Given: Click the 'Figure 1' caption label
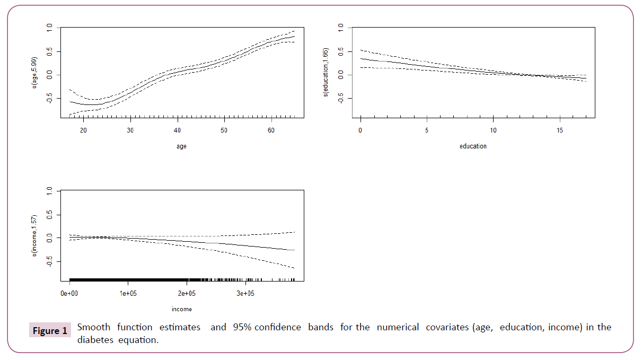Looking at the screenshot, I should click(x=50, y=331).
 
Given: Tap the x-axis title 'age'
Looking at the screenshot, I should click(x=182, y=146).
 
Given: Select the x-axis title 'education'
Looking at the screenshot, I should click(x=473, y=146).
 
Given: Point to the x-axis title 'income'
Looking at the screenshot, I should click(x=182, y=309).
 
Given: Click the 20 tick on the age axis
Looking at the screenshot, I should click(x=83, y=130).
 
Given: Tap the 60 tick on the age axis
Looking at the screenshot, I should click(x=271, y=130).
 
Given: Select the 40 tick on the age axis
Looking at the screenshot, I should click(x=177, y=130).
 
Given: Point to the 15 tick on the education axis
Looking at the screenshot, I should click(x=560, y=130).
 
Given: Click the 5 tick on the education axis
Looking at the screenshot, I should click(x=427, y=130).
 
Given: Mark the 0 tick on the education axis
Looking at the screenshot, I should click(x=360, y=130).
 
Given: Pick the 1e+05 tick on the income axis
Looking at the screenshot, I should click(x=128, y=293).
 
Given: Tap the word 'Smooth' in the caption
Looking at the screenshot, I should click(x=93, y=327).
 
